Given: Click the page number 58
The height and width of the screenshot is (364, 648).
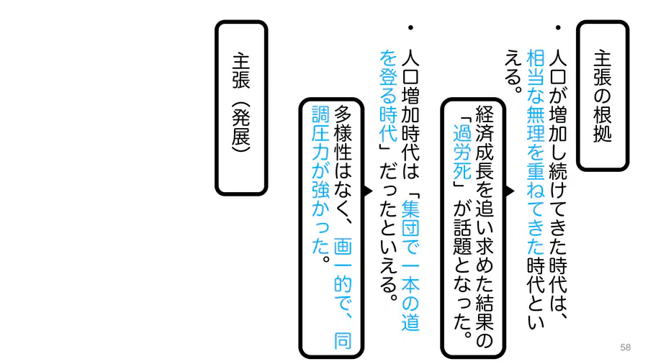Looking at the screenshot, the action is pos(625,347).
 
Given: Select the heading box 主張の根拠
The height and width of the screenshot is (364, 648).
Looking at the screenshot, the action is pos(603,96).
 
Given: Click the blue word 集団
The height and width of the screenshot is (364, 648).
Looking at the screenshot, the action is pos(410,218).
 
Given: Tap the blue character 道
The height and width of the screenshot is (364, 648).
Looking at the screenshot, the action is pos(410,322).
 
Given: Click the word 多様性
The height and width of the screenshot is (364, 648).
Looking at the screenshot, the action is pos(343,133).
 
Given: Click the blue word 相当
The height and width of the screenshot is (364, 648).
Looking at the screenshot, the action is pos(536,68).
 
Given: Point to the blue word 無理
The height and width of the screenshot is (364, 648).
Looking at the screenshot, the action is pos(536,124).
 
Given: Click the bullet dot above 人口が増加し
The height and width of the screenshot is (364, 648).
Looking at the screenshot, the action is pos(558,27).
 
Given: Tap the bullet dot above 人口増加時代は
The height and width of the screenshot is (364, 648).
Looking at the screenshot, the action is pos(410,27).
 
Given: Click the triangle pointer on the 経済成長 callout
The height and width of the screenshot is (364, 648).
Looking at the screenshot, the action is pos(510,191).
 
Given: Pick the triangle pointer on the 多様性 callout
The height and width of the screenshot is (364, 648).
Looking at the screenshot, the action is pos(368,191).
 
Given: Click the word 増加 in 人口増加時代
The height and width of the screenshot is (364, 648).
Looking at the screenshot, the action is pos(410,105).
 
